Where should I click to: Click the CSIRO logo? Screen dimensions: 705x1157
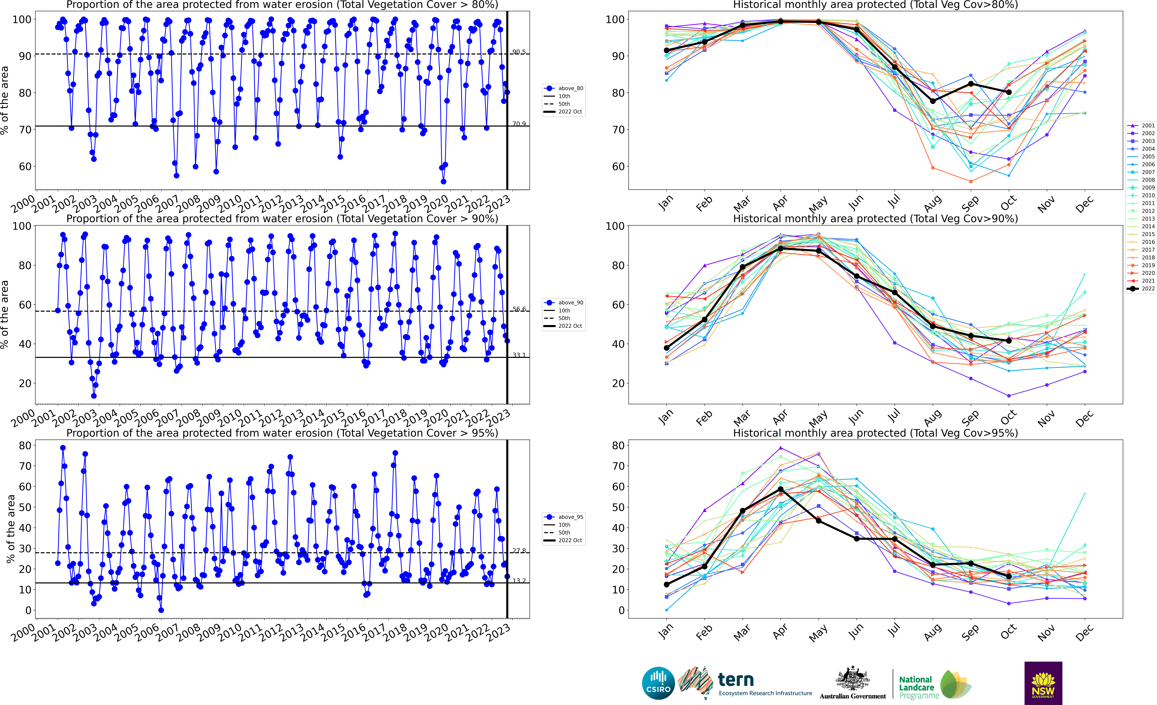pyautogui.click(x=658, y=683)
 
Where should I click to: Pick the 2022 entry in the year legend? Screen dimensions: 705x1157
pyautogui.click(x=1141, y=289)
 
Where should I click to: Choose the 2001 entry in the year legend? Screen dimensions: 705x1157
pyautogui.click(x=1141, y=125)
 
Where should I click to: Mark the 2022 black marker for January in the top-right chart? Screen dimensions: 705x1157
pyautogui.click(x=666, y=50)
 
